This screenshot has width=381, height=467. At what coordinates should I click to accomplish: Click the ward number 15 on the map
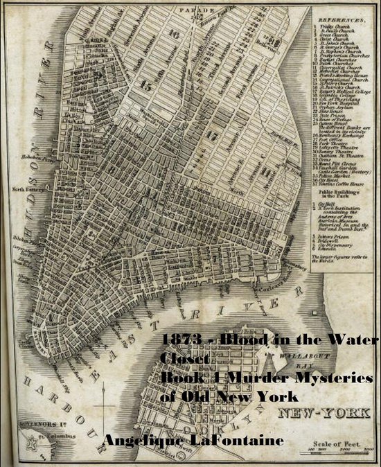[145, 86]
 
